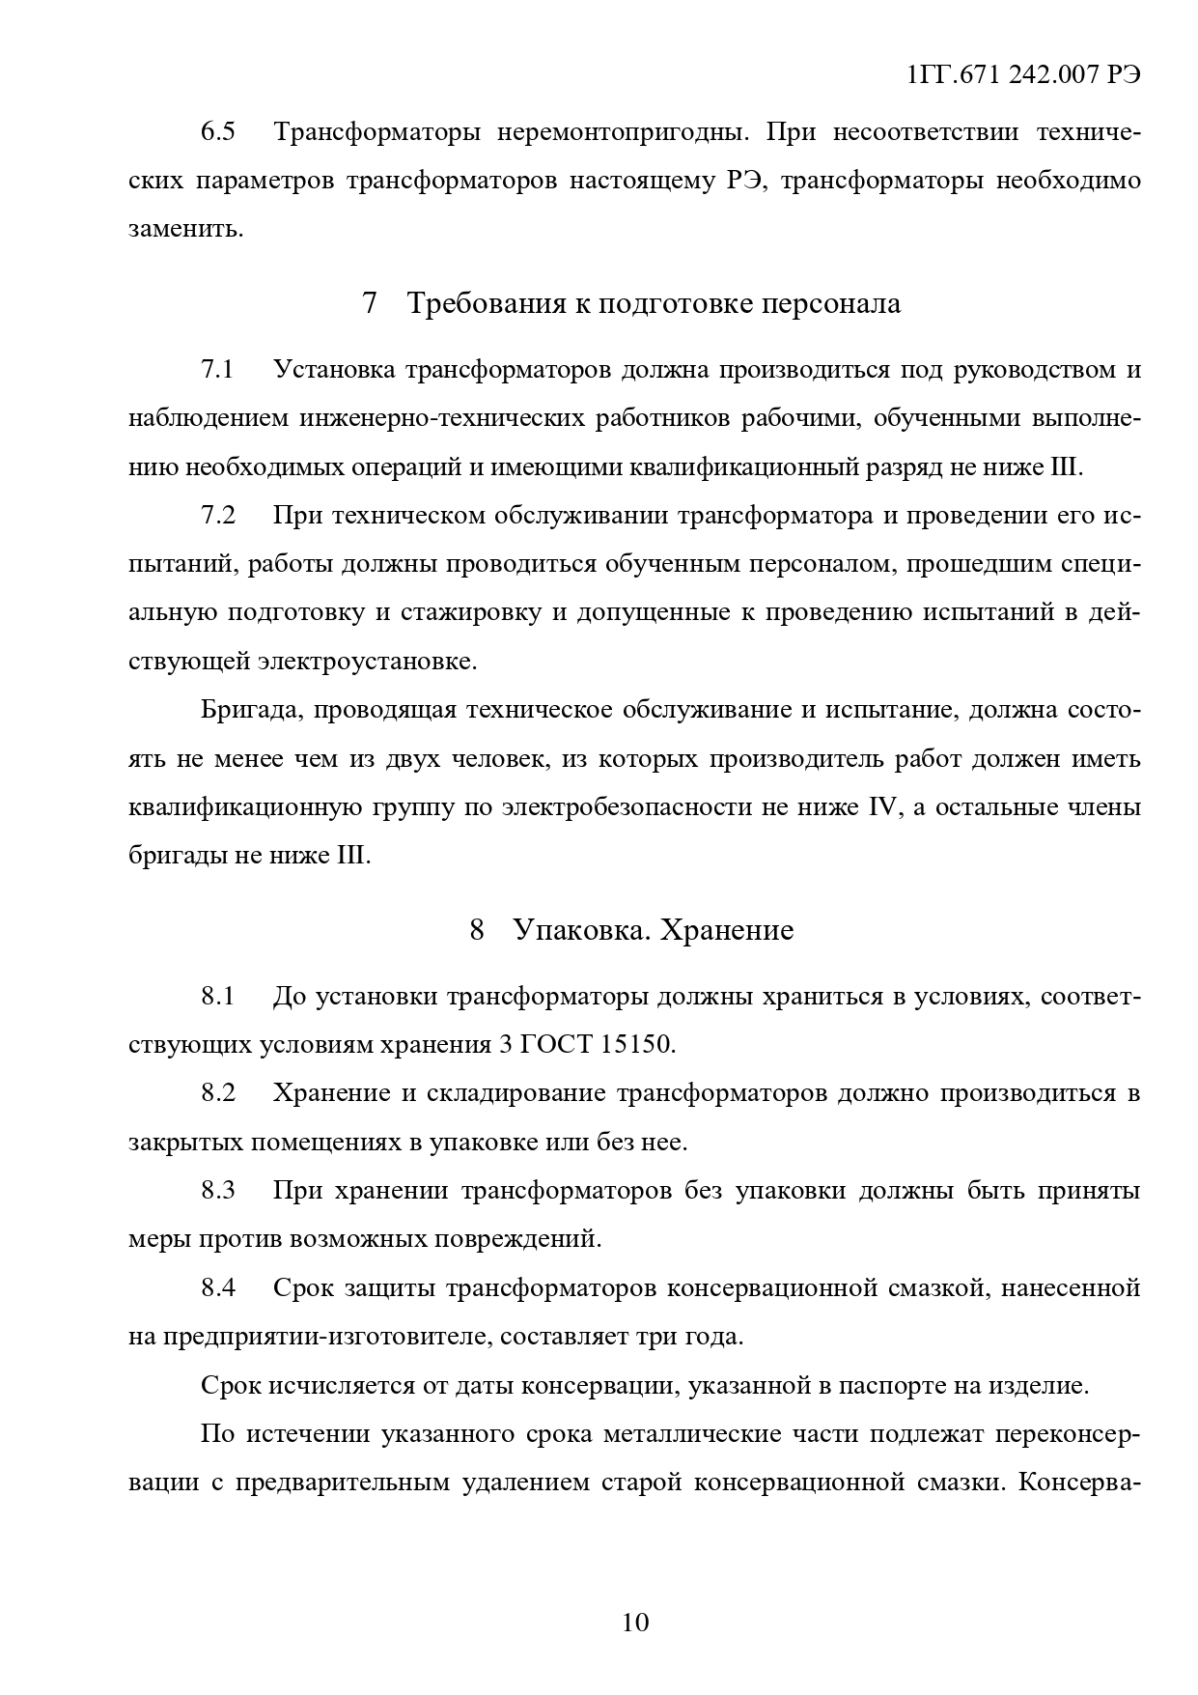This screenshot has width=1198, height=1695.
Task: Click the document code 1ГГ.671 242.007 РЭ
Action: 1024,76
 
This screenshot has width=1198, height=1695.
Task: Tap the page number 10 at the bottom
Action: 636,1622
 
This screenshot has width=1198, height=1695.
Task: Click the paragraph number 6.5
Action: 218,131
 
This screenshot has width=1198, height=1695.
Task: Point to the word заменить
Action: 186,230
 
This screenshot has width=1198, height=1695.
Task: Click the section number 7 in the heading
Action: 370,303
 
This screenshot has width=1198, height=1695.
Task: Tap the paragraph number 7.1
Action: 218,370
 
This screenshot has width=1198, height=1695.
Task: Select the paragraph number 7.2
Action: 218,515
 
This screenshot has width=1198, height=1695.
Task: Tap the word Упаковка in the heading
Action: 569,930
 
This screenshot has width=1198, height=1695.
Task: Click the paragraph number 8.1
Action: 218,996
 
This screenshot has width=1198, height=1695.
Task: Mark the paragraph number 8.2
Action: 218,1093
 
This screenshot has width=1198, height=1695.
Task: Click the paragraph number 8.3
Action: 218,1191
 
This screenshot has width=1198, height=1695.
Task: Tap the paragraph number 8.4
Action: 218,1287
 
